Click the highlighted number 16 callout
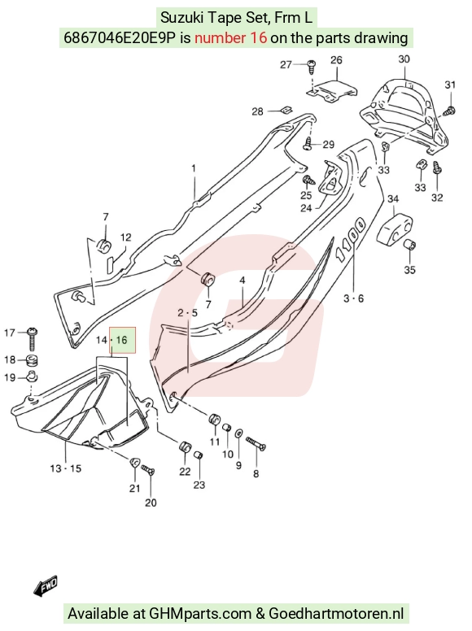click(121, 340)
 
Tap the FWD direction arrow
click(46, 585)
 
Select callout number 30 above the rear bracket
click(404, 59)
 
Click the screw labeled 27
click(312, 67)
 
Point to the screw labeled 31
click(449, 111)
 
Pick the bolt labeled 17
click(32, 339)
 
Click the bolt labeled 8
click(256, 444)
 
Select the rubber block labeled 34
click(395, 230)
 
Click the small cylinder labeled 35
click(410, 243)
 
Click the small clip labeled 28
click(286, 110)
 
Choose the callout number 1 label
click(194, 168)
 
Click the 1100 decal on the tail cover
click(351, 239)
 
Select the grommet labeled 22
click(185, 447)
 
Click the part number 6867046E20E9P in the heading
click(120, 38)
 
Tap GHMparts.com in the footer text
click(200, 614)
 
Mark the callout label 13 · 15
click(66, 468)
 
